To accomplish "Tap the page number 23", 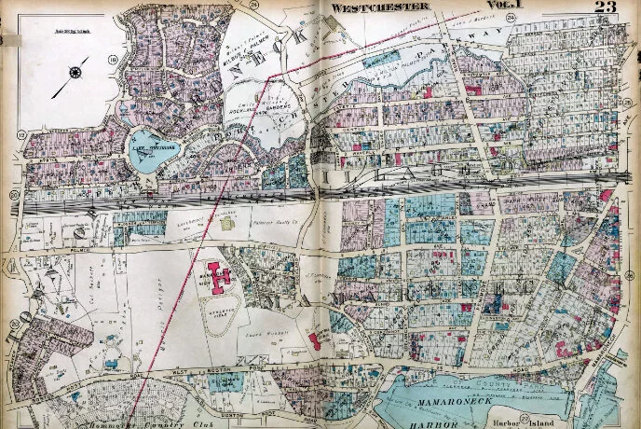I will pos(605,7).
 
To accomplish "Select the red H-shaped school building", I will pos(220,273).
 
